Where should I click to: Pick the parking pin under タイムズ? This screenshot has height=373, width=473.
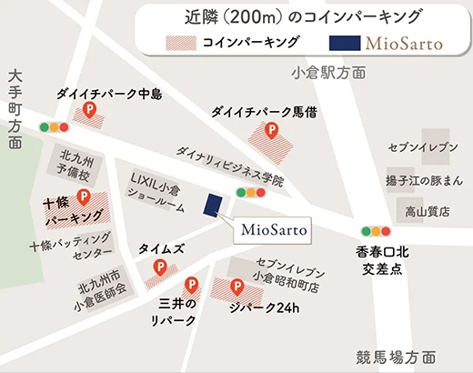(161, 268)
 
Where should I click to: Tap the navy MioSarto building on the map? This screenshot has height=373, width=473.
(214, 205)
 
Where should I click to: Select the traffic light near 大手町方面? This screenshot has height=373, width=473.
(55, 127)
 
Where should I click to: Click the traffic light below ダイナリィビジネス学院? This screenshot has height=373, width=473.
(250, 192)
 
